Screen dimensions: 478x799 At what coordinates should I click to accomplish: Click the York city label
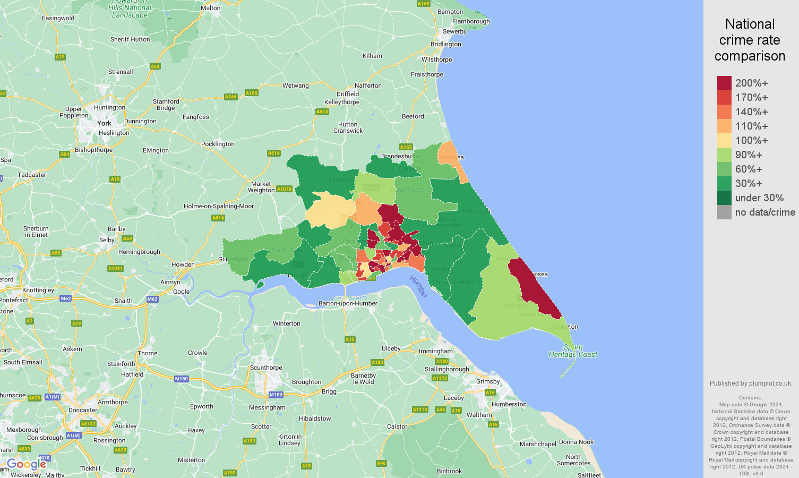click(x=104, y=123)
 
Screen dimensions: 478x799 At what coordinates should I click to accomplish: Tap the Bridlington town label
click(x=446, y=44)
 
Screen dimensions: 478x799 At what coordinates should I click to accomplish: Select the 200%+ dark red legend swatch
click(x=724, y=83)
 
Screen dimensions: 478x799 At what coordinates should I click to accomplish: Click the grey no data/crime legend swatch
click(x=724, y=212)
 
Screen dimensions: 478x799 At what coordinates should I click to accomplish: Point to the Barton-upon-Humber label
click(x=348, y=303)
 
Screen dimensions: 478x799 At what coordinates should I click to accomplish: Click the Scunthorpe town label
click(x=266, y=368)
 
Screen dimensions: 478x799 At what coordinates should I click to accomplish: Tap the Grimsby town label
click(x=488, y=381)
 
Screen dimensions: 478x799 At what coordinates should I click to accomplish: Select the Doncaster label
click(x=83, y=410)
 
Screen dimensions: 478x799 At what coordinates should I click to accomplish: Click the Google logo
click(x=26, y=465)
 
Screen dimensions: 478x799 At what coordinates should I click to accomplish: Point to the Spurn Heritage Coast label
click(x=573, y=351)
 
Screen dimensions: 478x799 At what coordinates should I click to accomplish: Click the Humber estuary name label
click(x=418, y=287)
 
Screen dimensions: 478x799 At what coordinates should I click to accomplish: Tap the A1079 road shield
click(x=284, y=189)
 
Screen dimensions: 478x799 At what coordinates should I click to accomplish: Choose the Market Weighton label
click(x=261, y=187)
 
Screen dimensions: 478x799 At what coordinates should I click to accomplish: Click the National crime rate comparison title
click(x=750, y=40)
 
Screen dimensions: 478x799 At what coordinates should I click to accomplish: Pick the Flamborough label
click(x=471, y=21)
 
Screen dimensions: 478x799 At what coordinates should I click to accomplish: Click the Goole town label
click(x=181, y=292)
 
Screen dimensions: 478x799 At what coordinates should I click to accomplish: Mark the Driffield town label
click(x=348, y=94)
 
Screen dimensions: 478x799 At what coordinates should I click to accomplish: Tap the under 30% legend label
click(x=759, y=198)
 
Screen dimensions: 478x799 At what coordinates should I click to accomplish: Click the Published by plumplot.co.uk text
click(x=751, y=383)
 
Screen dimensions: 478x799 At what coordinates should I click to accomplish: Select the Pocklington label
click(x=218, y=144)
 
